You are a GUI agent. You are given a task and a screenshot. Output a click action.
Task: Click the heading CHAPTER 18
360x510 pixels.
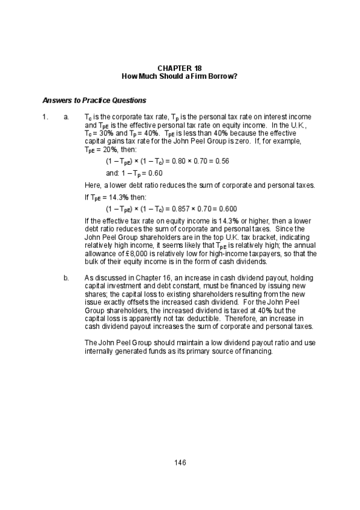180,69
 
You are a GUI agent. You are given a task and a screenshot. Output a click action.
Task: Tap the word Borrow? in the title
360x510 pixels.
223,77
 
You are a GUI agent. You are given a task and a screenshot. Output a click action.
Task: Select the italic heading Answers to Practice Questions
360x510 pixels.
94,100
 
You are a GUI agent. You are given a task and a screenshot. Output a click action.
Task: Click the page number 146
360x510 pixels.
180,462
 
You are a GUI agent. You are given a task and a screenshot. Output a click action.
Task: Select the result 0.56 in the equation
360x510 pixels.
222,161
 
